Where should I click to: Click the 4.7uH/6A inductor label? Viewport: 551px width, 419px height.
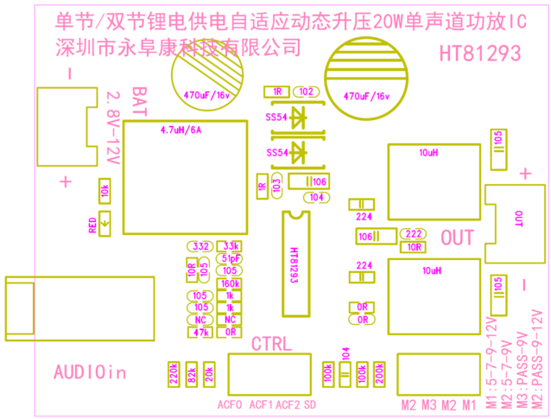180,130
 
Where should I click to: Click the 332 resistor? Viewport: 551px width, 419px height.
201,246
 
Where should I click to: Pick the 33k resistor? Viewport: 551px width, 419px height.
231,246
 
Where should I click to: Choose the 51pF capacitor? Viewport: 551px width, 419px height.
231,258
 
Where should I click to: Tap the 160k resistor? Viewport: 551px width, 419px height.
231,283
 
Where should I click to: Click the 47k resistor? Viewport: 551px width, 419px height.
201,332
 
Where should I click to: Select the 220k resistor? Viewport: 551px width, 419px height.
174,373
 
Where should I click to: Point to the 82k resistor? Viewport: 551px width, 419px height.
192,373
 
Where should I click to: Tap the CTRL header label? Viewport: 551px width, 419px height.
270,344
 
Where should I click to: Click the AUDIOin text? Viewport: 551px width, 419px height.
90,372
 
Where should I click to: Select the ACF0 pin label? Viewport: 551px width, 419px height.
230,404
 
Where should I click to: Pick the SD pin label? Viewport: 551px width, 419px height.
310,404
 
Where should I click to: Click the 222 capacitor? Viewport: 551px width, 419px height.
414,234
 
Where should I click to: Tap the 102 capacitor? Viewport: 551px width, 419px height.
306,91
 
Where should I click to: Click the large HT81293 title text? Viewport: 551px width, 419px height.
480,54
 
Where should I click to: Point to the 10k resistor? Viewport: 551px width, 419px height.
104,191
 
